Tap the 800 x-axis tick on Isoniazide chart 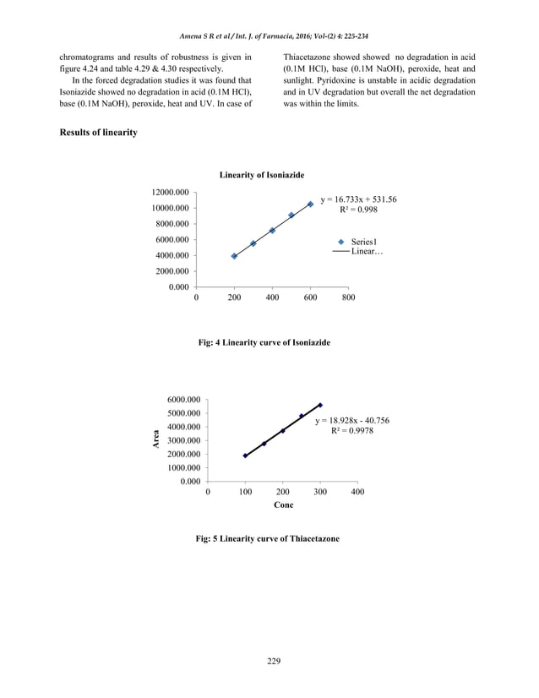pyautogui.click(x=347, y=297)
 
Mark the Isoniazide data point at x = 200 pyautogui.click(x=234, y=256)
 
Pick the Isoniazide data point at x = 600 pyautogui.click(x=310, y=204)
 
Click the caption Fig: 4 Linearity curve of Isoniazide pyautogui.click(x=264, y=342)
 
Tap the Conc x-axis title pyautogui.click(x=283, y=504)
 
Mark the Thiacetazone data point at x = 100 pyautogui.click(x=246, y=455)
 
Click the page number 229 pyautogui.click(x=269, y=660)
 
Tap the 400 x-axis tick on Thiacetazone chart pyautogui.click(x=357, y=491)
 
